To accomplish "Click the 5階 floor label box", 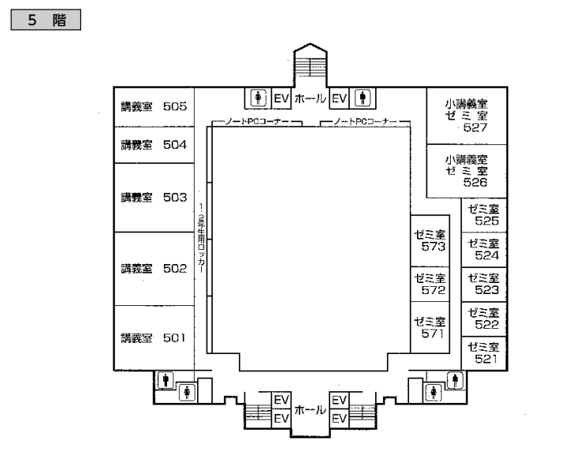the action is [46, 20].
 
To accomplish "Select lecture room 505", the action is [154, 107].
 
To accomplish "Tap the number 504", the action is [175, 145].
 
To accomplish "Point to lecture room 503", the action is [154, 197].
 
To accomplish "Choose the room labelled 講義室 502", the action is [154, 269].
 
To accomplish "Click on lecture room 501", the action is [154, 338].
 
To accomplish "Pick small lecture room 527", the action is [467, 116].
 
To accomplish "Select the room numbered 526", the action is [467, 171].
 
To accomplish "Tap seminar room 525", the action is [484, 215].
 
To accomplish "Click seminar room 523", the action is [484, 285].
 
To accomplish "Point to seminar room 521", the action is [484, 353].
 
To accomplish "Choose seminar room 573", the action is [430, 241].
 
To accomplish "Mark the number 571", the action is [432, 333].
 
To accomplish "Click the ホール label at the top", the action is [310, 99].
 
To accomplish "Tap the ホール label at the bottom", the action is [310, 410].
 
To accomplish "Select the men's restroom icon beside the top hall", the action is [363, 98].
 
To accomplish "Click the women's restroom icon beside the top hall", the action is [259, 98].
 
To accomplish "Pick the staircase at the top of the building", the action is [311, 67].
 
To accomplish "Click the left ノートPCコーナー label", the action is [257, 121].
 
